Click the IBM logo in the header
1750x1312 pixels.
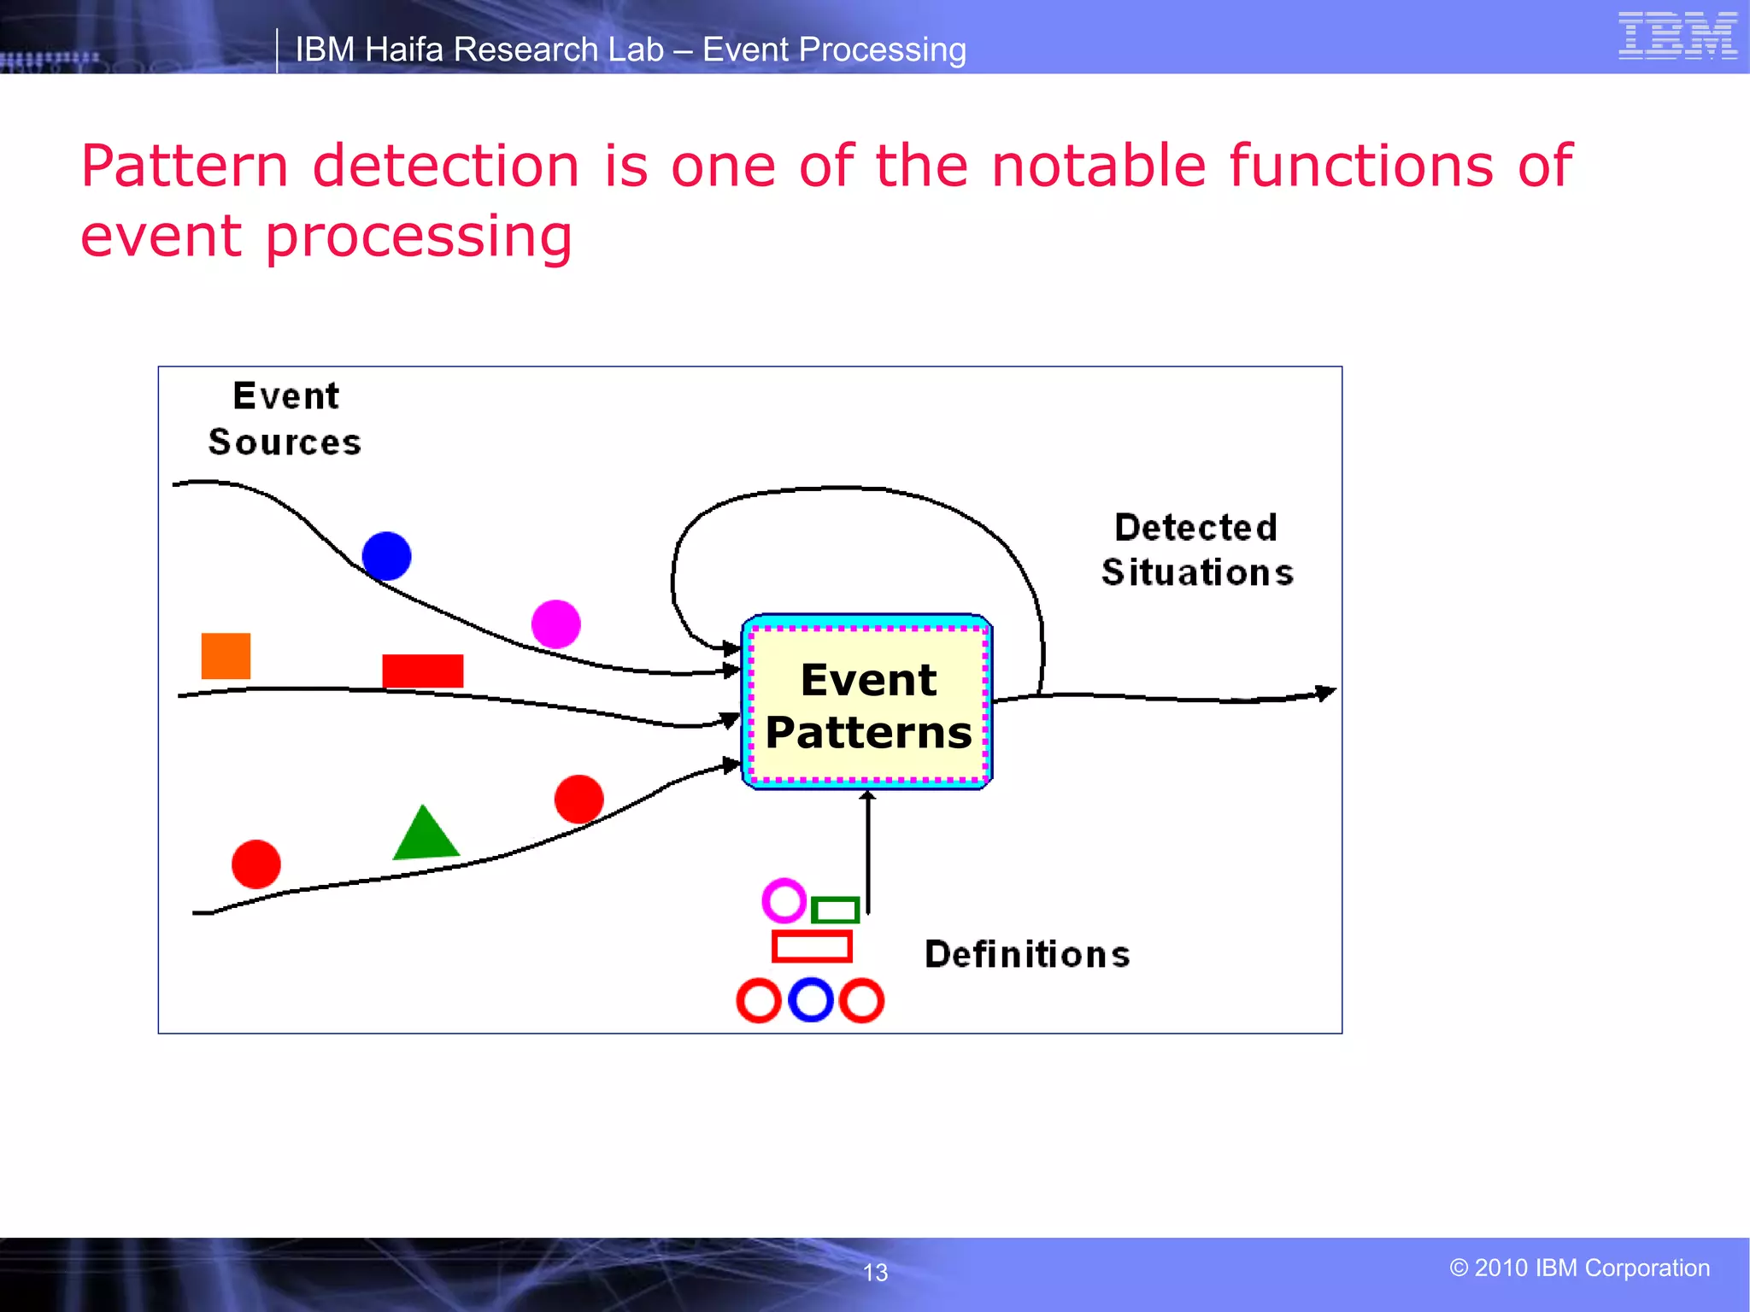tap(1677, 36)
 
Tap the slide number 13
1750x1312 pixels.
tap(875, 1273)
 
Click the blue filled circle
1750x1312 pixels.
tap(386, 556)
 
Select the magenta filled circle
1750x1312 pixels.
tap(555, 624)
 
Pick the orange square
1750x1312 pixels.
tap(226, 656)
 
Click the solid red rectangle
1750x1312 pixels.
tap(422, 671)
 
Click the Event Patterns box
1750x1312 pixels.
tap(867, 703)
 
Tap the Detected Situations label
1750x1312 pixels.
tap(1196, 550)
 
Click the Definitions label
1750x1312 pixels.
tap(1027, 954)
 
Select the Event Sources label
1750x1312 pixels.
tap(285, 419)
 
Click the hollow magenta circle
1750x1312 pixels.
tap(784, 900)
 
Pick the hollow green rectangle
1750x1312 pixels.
tap(835, 910)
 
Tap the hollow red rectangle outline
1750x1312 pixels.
tap(812, 946)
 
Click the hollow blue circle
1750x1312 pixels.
tap(811, 1000)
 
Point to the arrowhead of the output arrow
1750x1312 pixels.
tap(1325, 693)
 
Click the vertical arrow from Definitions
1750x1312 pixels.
tap(868, 854)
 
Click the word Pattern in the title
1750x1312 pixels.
tap(185, 166)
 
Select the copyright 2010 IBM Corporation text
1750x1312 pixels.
tap(1579, 1268)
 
